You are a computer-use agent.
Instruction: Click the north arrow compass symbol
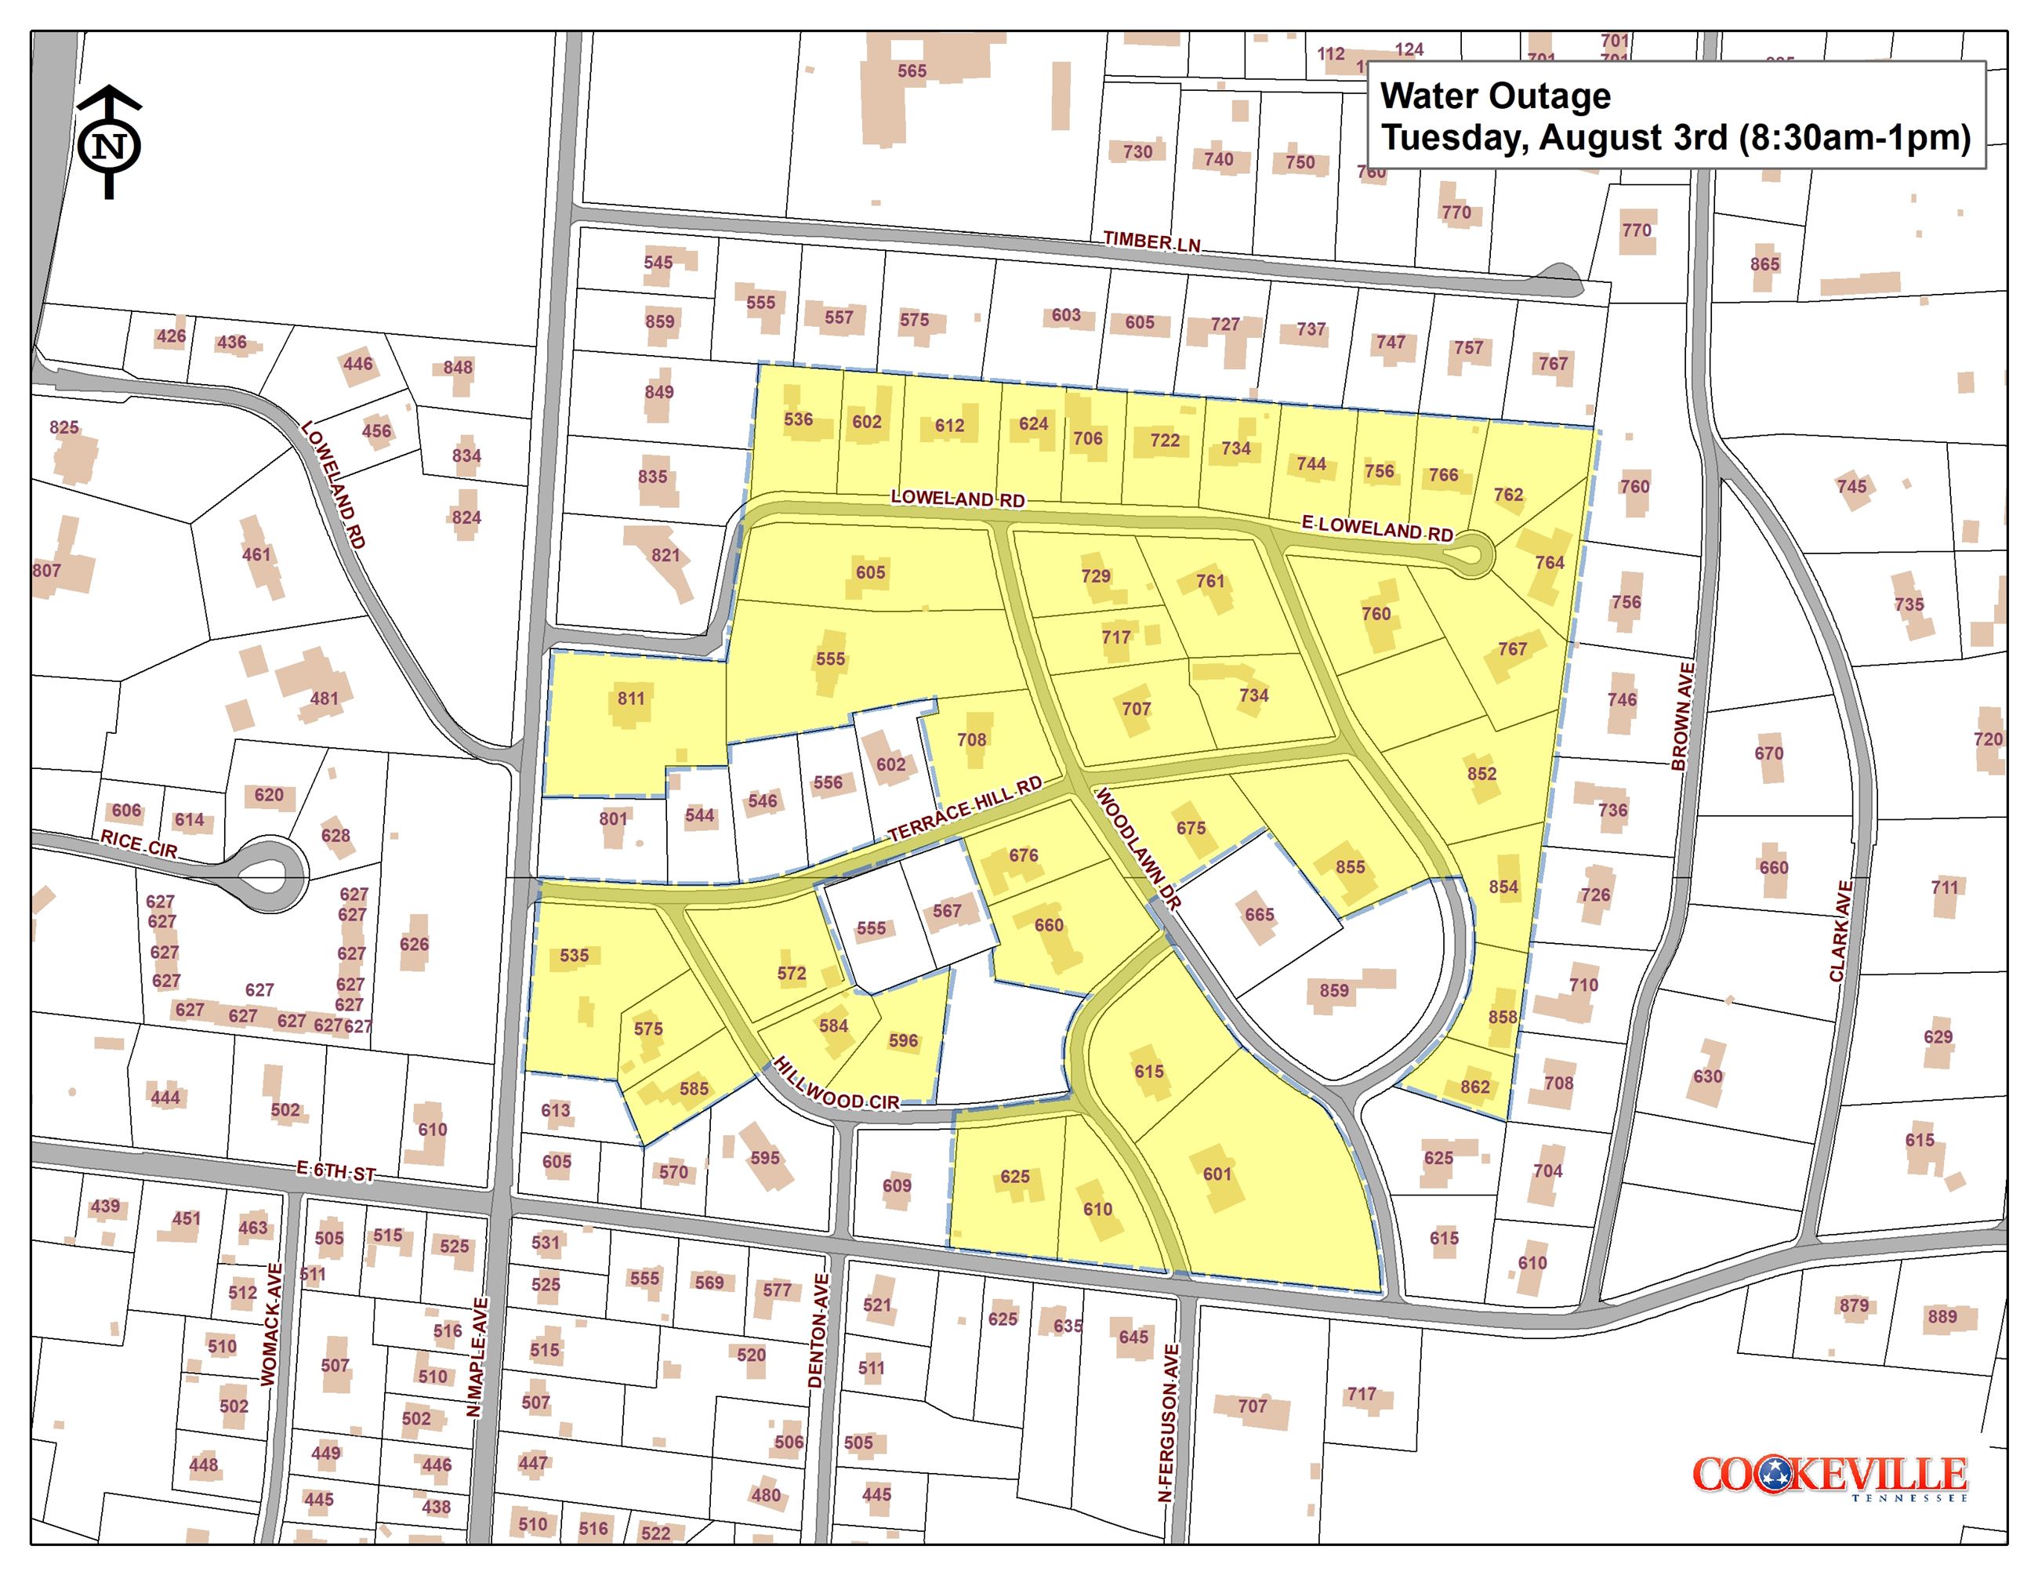pyautogui.click(x=109, y=143)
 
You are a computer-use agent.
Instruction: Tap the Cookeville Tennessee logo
pyautogui.click(x=1829, y=1477)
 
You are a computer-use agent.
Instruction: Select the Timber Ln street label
pyautogui.click(x=1151, y=241)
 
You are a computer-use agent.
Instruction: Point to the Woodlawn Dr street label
pyautogui.click(x=1137, y=848)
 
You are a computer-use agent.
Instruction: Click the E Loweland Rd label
pyautogui.click(x=1377, y=528)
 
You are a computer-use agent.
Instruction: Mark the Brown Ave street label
pyautogui.click(x=1681, y=717)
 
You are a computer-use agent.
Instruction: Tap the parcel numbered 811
pyautogui.click(x=631, y=698)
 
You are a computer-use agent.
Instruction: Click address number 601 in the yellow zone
pyautogui.click(x=1217, y=1174)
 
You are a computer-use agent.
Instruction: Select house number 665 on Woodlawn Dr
pyautogui.click(x=1259, y=914)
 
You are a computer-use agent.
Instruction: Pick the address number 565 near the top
pyautogui.click(x=912, y=71)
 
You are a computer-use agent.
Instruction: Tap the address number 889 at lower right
pyautogui.click(x=1942, y=1316)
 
